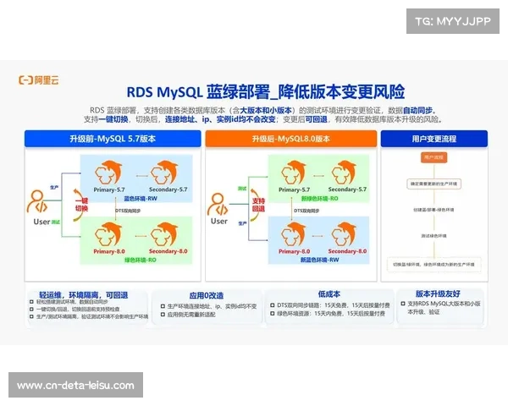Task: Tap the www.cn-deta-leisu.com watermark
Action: (x=75, y=386)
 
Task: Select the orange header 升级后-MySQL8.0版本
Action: (x=291, y=139)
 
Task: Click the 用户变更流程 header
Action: (x=434, y=139)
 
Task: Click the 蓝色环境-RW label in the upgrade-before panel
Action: (x=139, y=200)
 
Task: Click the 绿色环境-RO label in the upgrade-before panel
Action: (x=139, y=260)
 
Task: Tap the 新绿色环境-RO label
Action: (x=317, y=200)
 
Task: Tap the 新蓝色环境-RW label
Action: (x=317, y=260)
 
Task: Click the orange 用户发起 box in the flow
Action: (x=433, y=157)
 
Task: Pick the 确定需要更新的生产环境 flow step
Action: (x=433, y=182)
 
